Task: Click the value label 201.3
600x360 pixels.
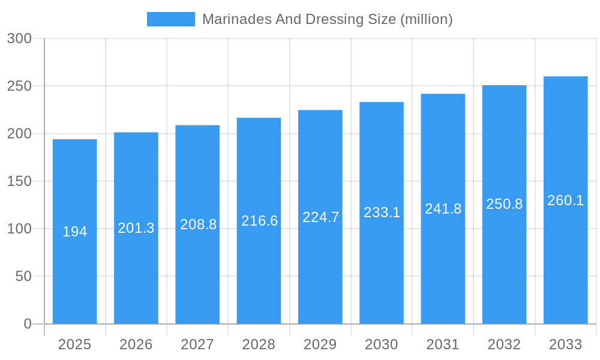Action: [x=136, y=228]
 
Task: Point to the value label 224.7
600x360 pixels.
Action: [x=320, y=217]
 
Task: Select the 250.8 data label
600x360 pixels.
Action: [x=504, y=204]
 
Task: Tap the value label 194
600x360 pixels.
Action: [x=75, y=232]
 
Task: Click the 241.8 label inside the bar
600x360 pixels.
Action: [x=443, y=209]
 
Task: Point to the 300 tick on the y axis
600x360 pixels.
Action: [x=19, y=38]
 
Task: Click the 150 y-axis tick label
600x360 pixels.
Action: [x=19, y=181]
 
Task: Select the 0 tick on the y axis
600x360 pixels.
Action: [x=28, y=324]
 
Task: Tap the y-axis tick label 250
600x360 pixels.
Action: [x=19, y=86]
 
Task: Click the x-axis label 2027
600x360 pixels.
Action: [x=197, y=344]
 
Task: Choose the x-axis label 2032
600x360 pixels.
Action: [x=504, y=344]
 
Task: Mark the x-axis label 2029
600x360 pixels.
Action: [x=320, y=344]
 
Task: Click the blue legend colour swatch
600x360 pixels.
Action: [x=171, y=19]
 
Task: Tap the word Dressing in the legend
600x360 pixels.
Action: [x=332, y=19]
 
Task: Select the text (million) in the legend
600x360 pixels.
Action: [x=427, y=19]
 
